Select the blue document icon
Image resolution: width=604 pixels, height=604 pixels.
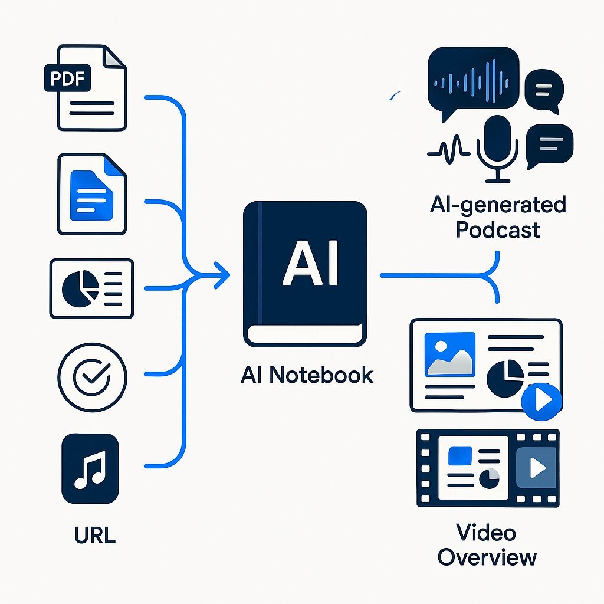92,195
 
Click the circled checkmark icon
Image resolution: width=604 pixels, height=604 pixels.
91,376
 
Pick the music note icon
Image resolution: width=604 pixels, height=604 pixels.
90,469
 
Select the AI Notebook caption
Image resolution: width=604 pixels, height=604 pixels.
307,375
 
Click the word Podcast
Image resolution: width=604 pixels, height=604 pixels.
498,229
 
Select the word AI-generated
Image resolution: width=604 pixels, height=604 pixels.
498,205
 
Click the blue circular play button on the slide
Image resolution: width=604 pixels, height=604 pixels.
541,401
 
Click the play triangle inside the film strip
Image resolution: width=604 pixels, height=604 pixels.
537,468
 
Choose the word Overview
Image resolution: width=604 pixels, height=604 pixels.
487,557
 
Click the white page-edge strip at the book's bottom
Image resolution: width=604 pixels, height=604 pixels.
306,336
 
